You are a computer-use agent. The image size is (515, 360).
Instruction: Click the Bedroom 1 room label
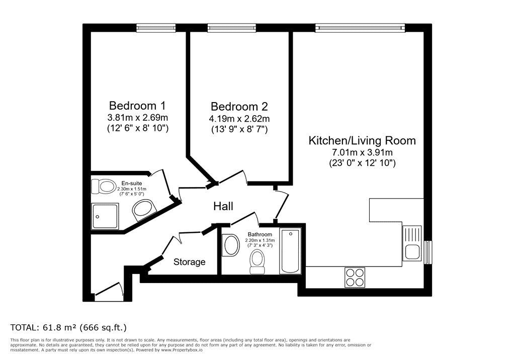click(x=137, y=106)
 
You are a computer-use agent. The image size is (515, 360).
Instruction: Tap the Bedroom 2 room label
click(x=239, y=107)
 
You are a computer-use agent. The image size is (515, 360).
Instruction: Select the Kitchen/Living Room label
click(x=362, y=141)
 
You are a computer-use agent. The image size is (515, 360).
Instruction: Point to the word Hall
click(x=223, y=206)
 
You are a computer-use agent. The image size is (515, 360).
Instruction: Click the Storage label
click(x=190, y=262)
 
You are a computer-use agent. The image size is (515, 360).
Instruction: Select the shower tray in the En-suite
click(x=105, y=216)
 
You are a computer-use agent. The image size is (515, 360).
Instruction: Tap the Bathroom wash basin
click(x=231, y=245)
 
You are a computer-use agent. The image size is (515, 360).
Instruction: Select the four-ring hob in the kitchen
click(x=355, y=278)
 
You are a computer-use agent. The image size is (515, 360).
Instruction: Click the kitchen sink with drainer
click(x=412, y=243)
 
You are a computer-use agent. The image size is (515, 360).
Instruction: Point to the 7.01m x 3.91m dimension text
click(x=362, y=152)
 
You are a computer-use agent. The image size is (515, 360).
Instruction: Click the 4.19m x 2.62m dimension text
click(x=239, y=118)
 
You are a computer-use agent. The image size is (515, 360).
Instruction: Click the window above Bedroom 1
click(x=156, y=28)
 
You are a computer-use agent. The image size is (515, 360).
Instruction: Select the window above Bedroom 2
click(x=231, y=28)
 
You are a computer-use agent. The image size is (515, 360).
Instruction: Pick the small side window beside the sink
click(x=428, y=252)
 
